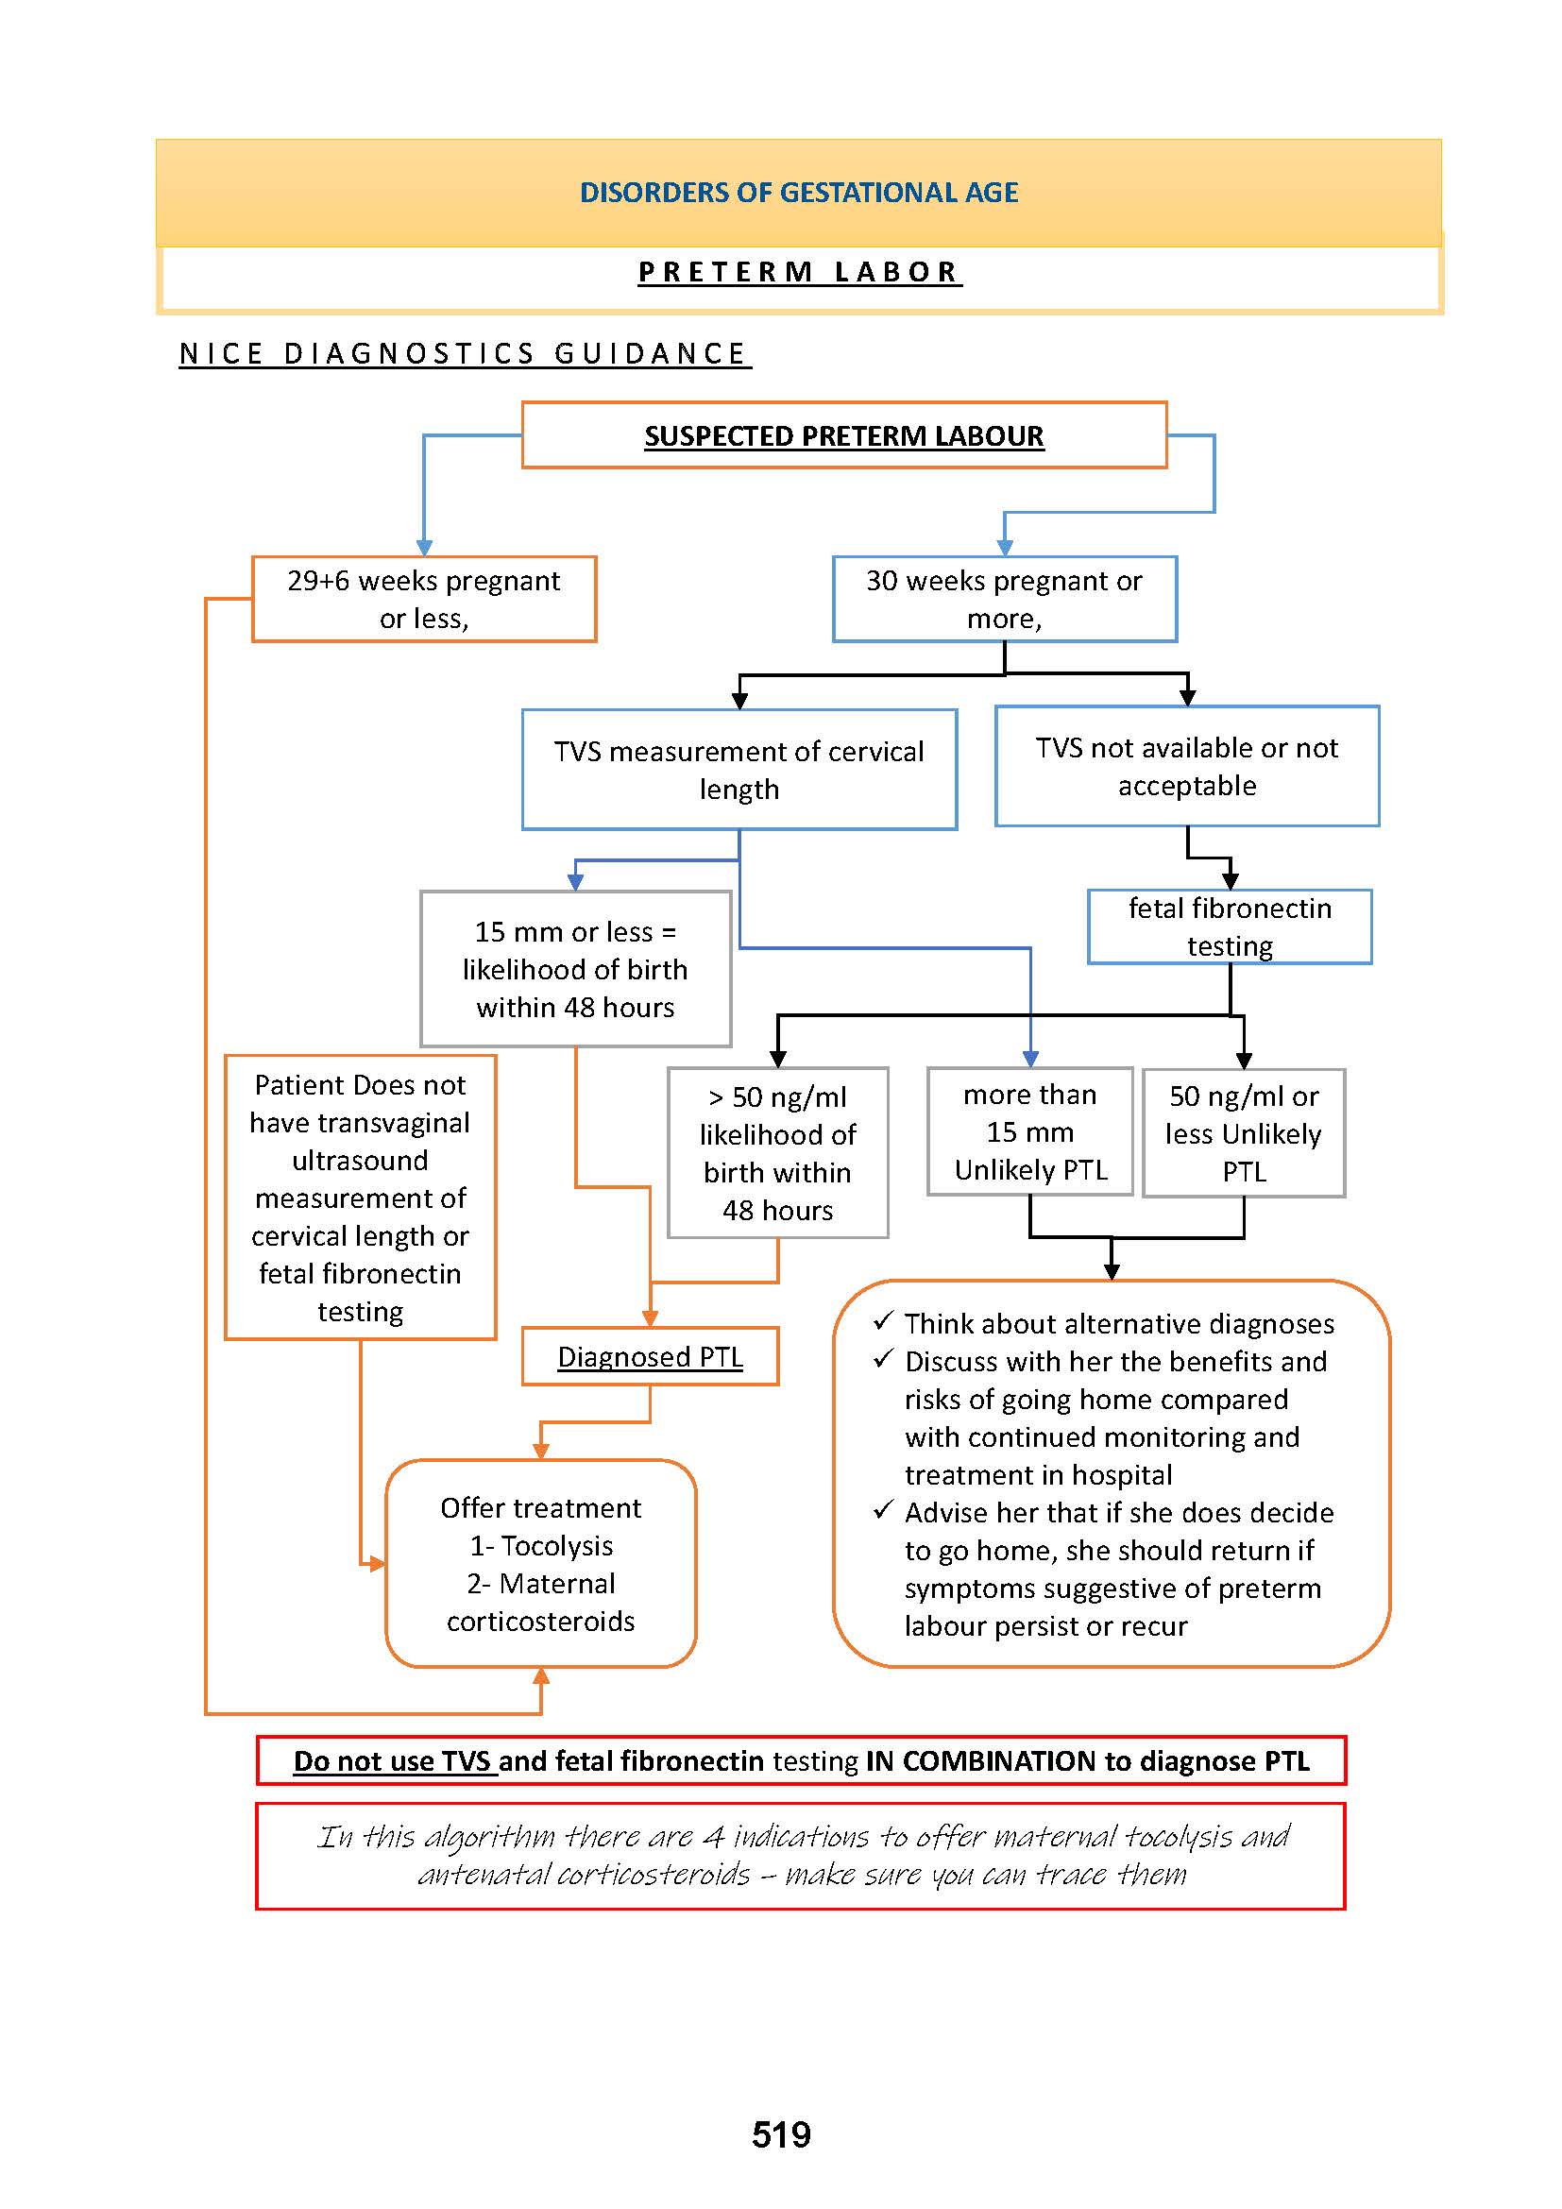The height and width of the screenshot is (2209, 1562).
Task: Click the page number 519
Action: pyautogui.click(x=780, y=2135)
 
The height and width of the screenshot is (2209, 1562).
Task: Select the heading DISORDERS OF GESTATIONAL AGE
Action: pyautogui.click(x=798, y=193)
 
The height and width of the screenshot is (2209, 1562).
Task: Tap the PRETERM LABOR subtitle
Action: pyautogui.click(x=798, y=272)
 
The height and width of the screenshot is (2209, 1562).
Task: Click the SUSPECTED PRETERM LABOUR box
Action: pyautogui.click(x=843, y=435)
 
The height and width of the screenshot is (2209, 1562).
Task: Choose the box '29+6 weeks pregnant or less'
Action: pyautogui.click(x=423, y=599)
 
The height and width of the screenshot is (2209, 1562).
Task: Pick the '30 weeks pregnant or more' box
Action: pyautogui.click(x=1004, y=599)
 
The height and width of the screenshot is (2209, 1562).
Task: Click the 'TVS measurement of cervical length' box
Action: pyautogui.click(x=739, y=770)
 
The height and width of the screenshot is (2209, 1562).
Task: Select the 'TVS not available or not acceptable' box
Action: pyautogui.click(x=1186, y=767)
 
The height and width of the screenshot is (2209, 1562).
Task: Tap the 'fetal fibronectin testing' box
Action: pyautogui.click(x=1230, y=926)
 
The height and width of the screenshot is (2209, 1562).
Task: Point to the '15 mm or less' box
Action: pyautogui.click(x=575, y=969)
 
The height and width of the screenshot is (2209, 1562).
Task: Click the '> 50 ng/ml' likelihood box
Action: pyautogui.click(x=777, y=1152)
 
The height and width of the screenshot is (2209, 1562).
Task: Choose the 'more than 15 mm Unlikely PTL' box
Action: pyautogui.click(x=1029, y=1131)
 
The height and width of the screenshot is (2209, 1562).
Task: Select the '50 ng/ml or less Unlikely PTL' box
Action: pyautogui.click(x=1243, y=1133)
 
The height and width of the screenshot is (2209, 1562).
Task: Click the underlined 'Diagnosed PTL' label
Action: pyautogui.click(x=650, y=1356)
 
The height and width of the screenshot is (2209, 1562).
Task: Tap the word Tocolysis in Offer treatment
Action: pyautogui.click(x=557, y=1545)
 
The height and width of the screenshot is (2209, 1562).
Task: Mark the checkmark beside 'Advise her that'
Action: pyautogui.click(x=883, y=1509)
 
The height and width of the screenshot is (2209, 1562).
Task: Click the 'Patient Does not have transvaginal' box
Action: pyautogui.click(x=360, y=1197)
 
